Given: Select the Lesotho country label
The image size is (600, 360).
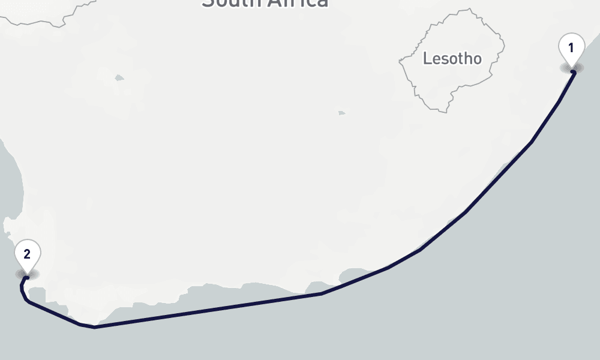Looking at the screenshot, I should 452,59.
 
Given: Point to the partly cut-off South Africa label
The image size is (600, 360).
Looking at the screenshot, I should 265,4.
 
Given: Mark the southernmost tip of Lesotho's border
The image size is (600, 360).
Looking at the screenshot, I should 446,112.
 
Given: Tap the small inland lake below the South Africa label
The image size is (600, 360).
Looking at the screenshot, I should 119,77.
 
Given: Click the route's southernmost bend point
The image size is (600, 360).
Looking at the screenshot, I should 94,327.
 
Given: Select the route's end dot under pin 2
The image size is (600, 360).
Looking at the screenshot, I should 26,278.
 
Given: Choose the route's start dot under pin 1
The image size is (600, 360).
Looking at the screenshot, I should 573,72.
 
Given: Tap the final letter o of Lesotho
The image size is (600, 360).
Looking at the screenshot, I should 476,59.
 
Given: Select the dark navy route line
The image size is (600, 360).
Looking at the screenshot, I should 210,310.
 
